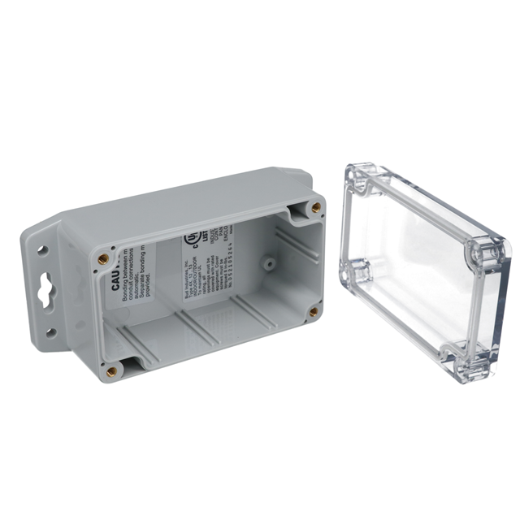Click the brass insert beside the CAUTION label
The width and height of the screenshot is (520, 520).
click(103, 259)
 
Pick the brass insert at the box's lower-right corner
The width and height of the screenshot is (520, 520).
click(314, 311)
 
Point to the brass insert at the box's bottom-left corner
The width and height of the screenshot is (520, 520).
click(111, 371)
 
